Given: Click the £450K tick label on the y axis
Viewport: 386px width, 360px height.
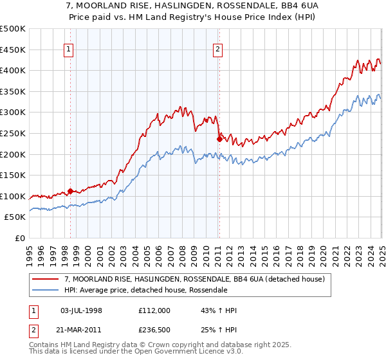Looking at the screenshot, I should point(13,50).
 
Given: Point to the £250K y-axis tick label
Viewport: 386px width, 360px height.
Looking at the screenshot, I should point(13,133).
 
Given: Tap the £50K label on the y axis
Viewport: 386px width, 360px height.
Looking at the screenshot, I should point(15,217).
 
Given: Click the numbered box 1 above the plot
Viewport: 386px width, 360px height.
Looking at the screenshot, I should point(69,49).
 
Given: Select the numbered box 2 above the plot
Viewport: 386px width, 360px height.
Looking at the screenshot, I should point(218,49).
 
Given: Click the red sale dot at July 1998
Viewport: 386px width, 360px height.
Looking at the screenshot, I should point(70,191).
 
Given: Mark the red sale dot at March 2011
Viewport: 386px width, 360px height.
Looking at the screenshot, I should point(220,139).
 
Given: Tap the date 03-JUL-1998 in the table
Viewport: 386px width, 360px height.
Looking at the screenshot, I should point(81,310).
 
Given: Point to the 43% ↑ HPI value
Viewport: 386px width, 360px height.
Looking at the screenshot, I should point(219,310).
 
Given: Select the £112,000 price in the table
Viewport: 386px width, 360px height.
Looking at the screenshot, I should point(154,310).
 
